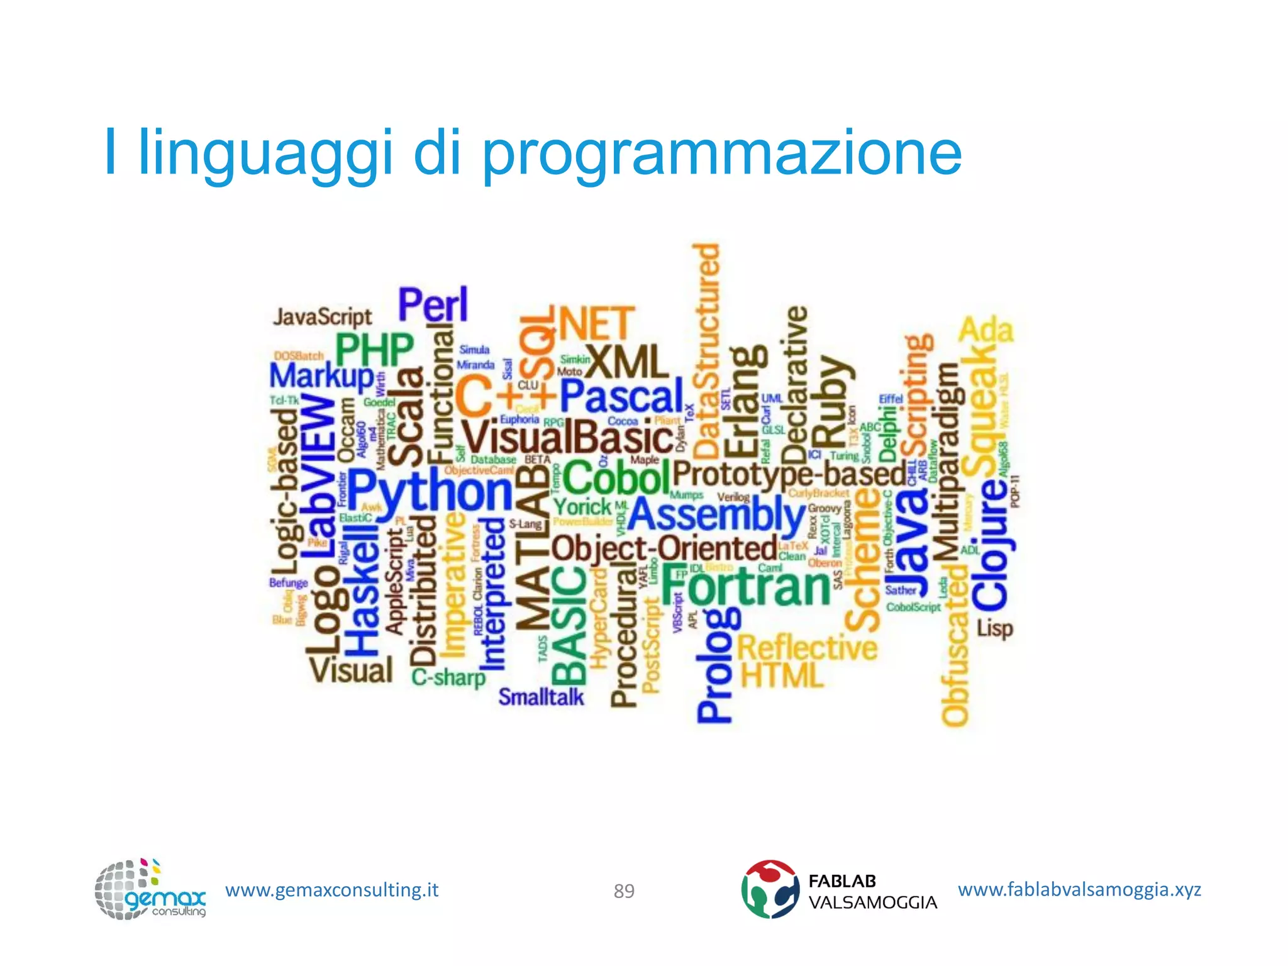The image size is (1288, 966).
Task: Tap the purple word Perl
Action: tap(433, 306)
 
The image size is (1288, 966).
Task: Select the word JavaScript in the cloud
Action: tap(322, 316)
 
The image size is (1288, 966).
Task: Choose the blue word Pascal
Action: tap(621, 396)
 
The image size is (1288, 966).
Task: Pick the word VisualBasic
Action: tap(567, 437)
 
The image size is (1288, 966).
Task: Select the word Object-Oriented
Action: tap(664, 548)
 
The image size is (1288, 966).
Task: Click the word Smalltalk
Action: tap(541, 697)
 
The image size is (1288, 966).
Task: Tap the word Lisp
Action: tap(994, 628)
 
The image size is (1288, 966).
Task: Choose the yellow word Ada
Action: tap(985, 330)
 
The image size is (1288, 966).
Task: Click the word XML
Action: tap(626, 362)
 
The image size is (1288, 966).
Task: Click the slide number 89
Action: tap(624, 891)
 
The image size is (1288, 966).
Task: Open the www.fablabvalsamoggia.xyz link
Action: tap(1079, 889)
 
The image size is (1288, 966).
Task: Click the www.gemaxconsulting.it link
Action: tap(331, 890)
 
